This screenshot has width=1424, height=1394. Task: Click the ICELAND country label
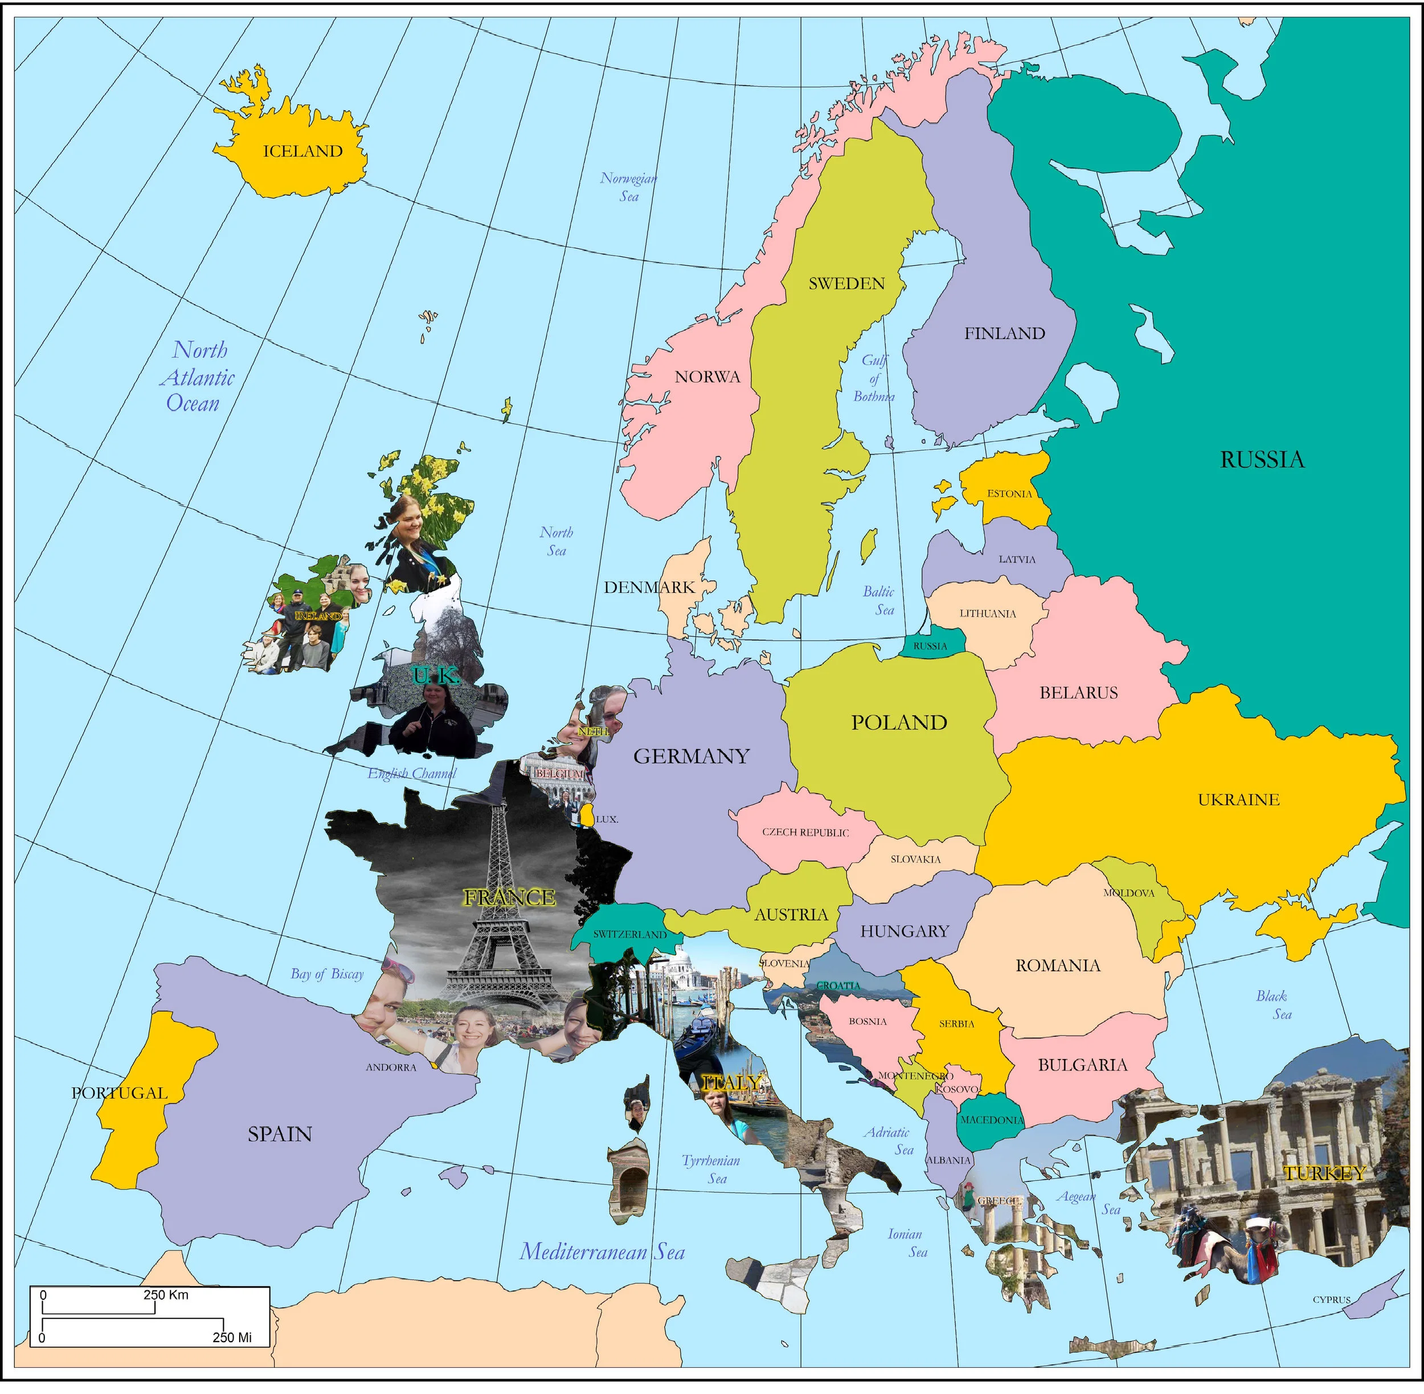302,152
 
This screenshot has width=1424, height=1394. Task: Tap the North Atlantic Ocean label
196,377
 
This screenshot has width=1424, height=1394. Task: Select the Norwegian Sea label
628,187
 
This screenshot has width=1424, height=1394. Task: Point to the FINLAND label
1004,334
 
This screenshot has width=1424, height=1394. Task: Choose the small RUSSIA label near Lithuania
930,647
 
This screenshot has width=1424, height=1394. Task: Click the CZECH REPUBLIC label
805,832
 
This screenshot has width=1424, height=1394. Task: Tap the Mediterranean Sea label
602,1252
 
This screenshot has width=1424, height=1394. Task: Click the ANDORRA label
391,1068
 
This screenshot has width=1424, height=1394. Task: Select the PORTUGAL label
120,1093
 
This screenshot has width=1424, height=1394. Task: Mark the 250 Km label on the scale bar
166,1295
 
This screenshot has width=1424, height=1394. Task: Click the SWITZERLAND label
629,935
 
